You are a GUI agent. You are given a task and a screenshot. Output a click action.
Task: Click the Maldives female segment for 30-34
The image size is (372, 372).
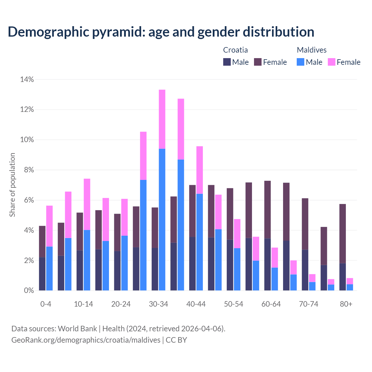(162, 119)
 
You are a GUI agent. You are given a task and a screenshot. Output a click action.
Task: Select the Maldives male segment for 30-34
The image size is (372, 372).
(162, 219)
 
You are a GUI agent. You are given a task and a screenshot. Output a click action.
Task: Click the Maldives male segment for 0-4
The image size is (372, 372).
(49, 268)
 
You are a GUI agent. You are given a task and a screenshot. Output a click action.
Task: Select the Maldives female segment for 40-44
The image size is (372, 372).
(200, 170)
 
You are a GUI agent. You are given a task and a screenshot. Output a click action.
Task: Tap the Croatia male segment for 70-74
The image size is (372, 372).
(305, 270)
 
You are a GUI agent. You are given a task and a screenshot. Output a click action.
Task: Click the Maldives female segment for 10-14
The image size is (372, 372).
(87, 204)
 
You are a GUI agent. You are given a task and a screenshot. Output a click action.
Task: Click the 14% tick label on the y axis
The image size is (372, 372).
(27, 79)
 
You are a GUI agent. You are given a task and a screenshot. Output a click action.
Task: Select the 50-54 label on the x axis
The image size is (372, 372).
(234, 304)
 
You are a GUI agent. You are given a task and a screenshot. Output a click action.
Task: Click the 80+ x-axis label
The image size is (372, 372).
(346, 304)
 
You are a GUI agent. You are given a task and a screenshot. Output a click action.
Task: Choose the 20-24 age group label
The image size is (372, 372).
(121, 304)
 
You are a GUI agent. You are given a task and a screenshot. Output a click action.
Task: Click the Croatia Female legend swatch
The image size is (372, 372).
(258, 62)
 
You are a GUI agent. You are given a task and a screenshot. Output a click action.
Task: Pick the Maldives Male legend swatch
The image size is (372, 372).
(301, 62)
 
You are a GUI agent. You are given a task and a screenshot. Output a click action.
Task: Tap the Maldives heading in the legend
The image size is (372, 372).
(312, 50)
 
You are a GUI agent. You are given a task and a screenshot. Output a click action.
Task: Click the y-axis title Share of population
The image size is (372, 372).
(12, 185)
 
